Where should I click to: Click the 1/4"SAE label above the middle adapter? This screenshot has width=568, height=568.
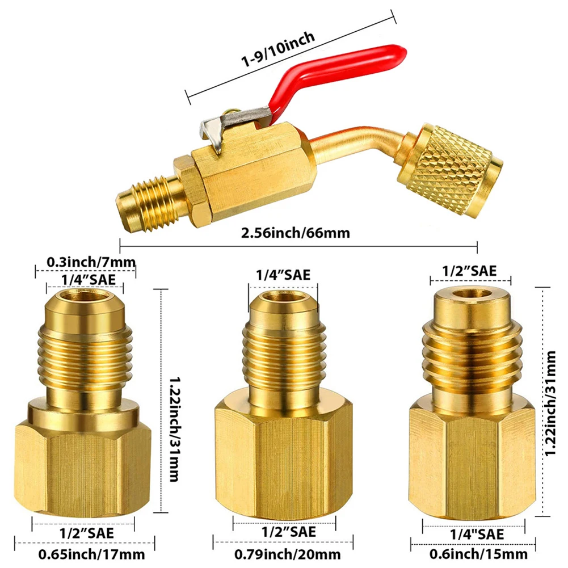[x=284, y=275]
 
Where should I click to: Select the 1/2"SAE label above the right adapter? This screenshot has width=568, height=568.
[x=471, y=271]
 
